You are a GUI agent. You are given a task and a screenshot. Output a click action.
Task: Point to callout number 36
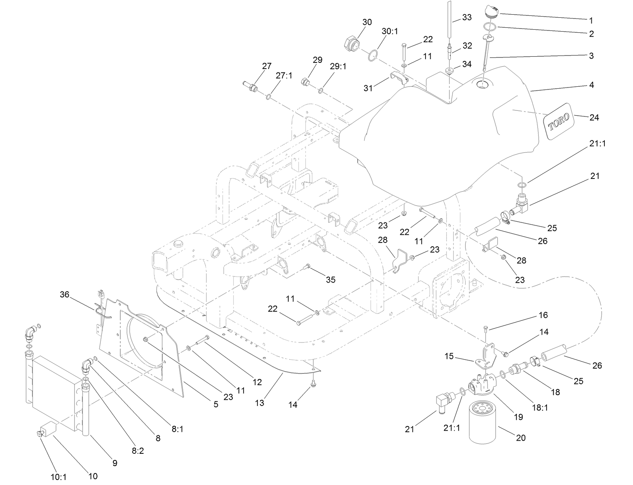click(64, 295)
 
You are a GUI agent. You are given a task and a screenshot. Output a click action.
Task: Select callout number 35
click(330, 280)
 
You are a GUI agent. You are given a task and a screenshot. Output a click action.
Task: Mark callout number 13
click(259, 402)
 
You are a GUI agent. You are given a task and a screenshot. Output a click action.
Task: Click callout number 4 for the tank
click(591, 85)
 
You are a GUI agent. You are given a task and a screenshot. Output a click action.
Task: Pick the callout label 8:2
click(138, 450)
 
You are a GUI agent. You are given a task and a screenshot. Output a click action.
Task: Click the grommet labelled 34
click(449, 71)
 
